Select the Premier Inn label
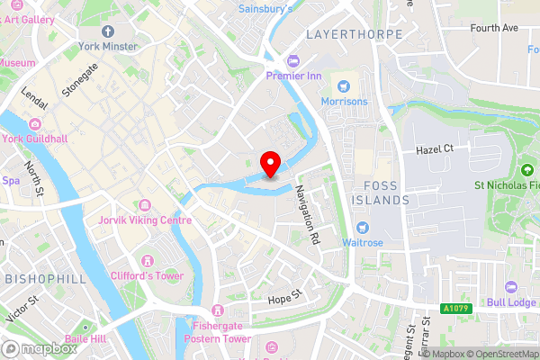[x=293, y=76]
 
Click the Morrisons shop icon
[x=342, y=86]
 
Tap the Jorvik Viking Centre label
[x=150, y=220]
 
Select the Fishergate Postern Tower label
[x=217, y=332]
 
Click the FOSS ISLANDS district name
[x=381, y=192]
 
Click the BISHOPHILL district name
[x=46, y=279]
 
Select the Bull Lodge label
[x=511, y=302]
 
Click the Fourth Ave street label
[x=494, y=28]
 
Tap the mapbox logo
[x=39, y=348]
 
